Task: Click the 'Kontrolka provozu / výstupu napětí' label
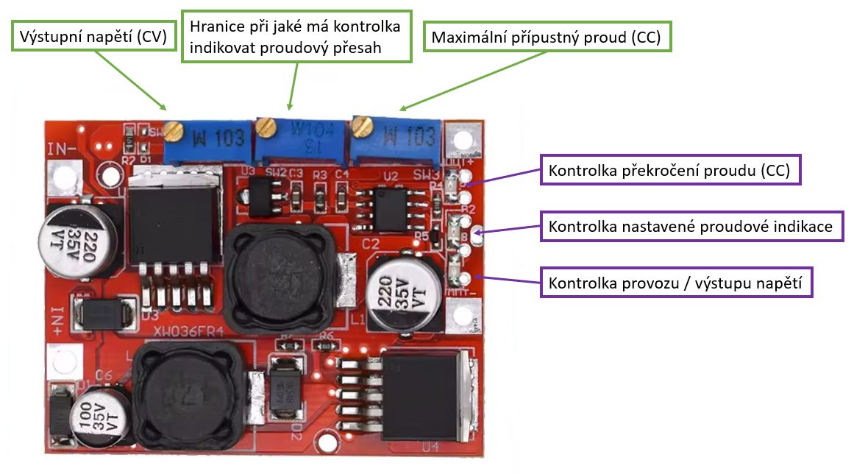(677, 282)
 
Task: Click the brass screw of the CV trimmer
(172, 131)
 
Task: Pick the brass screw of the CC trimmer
(360, 127)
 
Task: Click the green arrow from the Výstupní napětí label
(130, 80)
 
